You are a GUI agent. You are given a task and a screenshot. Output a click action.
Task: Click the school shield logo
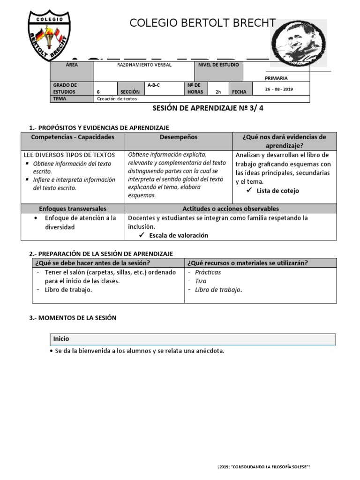[49, 37]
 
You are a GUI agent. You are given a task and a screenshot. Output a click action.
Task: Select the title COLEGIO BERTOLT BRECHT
[202, 24]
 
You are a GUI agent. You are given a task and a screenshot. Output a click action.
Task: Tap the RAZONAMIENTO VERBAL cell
[144, 65]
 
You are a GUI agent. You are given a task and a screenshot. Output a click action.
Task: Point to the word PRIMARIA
[276, 78]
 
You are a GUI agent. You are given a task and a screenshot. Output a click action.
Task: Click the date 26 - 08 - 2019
[279, 89]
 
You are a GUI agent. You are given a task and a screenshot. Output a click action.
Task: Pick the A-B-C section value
[154, 85]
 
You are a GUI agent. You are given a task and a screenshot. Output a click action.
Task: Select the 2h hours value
[218, 92]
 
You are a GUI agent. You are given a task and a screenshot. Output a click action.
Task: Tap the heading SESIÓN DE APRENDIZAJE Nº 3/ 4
[211, 108]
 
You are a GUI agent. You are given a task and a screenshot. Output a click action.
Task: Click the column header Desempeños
[179, 137]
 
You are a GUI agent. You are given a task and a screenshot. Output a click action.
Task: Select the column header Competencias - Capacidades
[73, 137]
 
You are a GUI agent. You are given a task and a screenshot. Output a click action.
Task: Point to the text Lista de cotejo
[277, 191]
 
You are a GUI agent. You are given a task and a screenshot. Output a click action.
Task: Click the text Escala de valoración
[178, 235]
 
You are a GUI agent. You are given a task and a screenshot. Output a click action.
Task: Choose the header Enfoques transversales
[73, 209]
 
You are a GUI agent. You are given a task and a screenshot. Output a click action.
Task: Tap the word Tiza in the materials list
[201, 281]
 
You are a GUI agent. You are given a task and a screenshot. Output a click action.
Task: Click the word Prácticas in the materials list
[208, 272]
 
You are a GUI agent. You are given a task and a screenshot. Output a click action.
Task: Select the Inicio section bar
[193, 339]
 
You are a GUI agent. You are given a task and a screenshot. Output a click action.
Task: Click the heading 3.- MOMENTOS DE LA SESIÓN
[73, 318]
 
